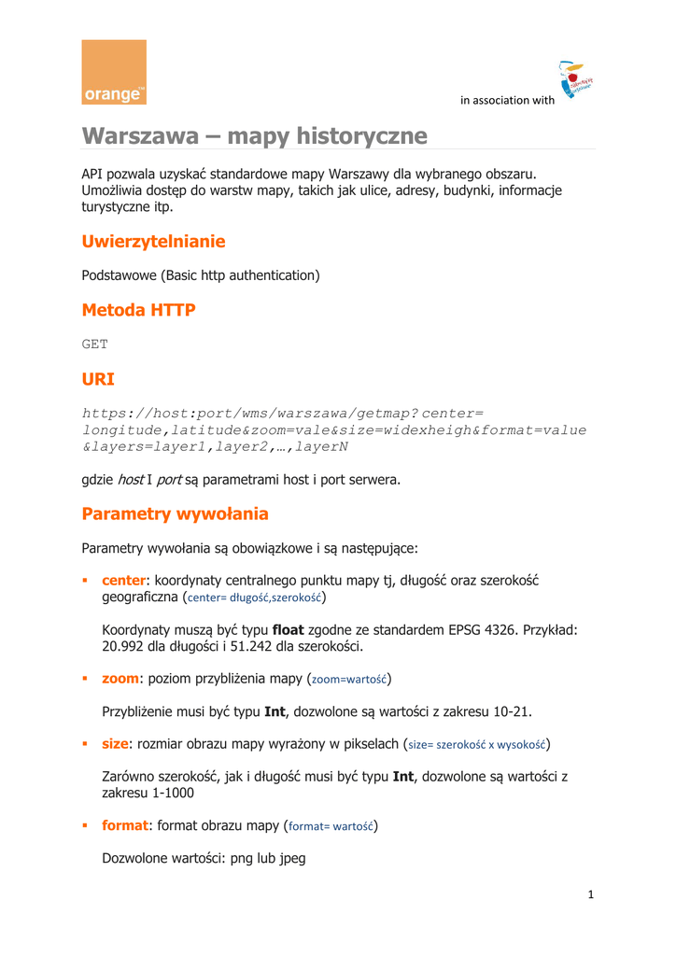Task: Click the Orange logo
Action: click(114, 72)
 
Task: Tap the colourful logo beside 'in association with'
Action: click(576, 82)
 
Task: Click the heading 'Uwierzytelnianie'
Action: click(153, 242)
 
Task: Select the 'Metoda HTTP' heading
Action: click(138, 310)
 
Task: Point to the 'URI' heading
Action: click(98, 379)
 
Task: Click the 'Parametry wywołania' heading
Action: click(175, 513)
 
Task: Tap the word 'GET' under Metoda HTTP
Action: click(95, 344)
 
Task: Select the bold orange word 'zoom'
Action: click(120, 677)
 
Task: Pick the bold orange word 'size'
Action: click(115, 743)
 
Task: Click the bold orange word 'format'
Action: click(125, 825)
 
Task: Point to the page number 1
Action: click(591, 894)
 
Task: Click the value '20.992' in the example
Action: click(124, 646)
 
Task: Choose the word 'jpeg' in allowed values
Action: click(287, 858)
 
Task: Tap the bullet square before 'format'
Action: click(86, 826)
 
